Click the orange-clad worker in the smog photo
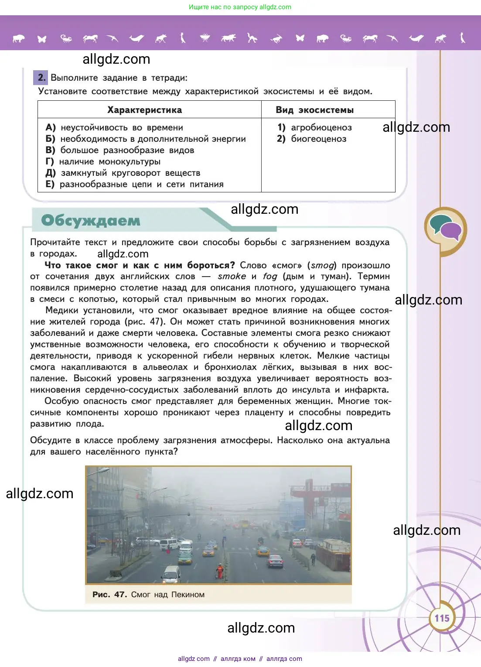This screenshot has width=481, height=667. [x=220, y=571]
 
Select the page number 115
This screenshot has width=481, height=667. [x=442, y=618]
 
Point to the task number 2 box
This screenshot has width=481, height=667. [x=41, y=78]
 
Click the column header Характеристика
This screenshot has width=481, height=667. [x=145, y=110]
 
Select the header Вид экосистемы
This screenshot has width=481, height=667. [x=314, y=110]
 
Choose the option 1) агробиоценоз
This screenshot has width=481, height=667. [x=314, y=127]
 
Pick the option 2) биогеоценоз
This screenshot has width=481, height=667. [x=312, y=139]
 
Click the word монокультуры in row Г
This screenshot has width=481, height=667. [x=130, y=161]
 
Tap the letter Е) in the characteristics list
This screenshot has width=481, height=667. [x=50, y=184]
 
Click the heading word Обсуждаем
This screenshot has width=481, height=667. [x=91, y=220]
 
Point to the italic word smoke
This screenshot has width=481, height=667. [x=232, y=276]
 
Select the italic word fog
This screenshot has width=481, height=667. [x=270, y=276]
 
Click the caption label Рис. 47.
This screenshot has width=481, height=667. [x=109, y=594]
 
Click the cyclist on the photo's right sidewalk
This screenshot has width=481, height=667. [x=313, y=559]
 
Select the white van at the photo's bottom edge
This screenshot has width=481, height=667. [x=171, y=574]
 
